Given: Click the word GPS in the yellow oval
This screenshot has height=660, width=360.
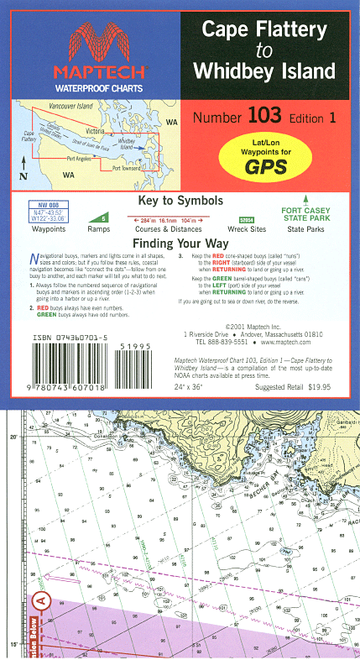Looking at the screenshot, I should tap(265, 165).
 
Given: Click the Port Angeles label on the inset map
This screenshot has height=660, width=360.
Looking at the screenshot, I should tap(78, 158).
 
